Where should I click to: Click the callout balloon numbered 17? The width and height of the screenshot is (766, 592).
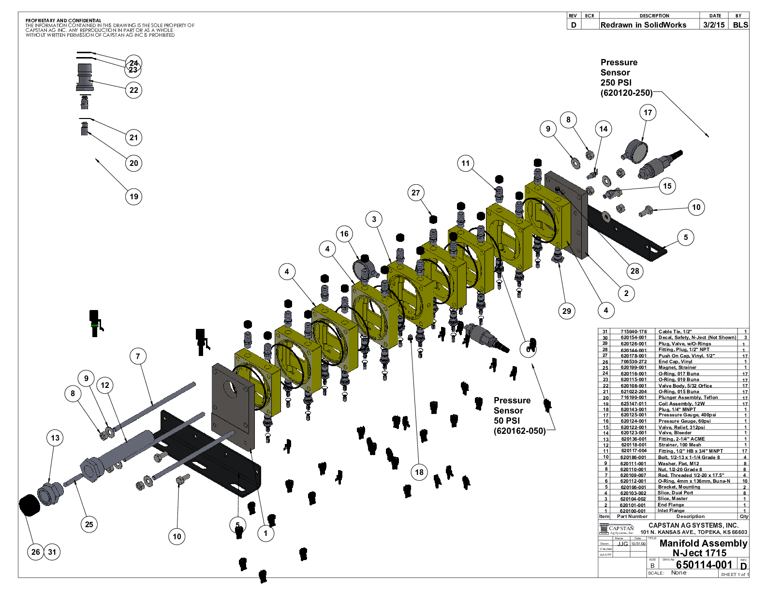tap(648, 113)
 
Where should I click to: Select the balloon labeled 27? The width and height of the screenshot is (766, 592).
tap(416, 192)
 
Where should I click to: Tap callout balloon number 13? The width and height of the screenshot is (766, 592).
tap(55, 438)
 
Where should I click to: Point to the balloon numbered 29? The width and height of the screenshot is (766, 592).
tap(567, 311)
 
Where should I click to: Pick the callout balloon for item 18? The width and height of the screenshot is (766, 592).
tap(419, 472)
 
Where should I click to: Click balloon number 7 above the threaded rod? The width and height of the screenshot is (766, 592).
tap(138, 356)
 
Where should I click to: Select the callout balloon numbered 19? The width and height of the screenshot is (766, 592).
tap(134, 196)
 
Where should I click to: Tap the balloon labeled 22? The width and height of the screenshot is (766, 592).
tap(134, 90)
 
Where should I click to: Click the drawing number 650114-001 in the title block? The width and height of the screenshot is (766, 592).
tap(704, 564)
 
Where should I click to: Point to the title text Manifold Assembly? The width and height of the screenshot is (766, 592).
tap(703, 543)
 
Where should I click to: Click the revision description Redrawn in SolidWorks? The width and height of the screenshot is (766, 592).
tap(643, 25)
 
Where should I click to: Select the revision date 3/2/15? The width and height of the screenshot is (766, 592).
tap(714, 25)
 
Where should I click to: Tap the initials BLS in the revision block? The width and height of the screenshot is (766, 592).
tap(740, 25)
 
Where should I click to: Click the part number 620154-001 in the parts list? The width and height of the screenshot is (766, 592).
tap(633, 338)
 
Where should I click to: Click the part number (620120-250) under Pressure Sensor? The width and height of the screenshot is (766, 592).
tap(626, 93)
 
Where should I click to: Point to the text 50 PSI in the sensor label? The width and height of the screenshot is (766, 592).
tap(506, 420)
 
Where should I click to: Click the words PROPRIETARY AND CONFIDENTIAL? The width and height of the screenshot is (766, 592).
tap(63, 21)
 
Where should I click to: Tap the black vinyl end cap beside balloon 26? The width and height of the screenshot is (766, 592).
tap(29, 505)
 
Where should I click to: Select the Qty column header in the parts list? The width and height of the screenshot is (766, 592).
tap(744, 517)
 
